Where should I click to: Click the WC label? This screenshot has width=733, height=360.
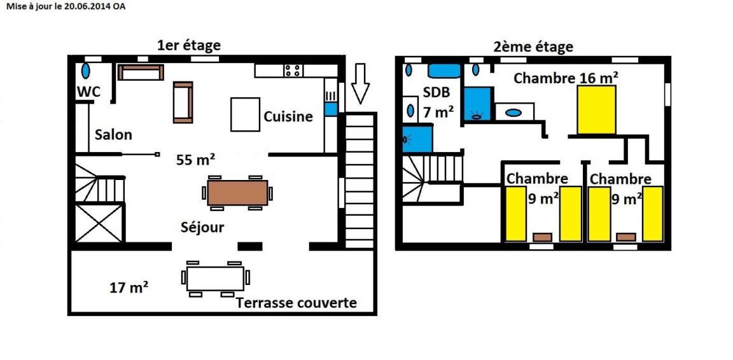(89, 92)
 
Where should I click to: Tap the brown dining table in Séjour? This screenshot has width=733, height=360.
(238, 193)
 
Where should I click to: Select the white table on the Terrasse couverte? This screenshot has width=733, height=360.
(215, 279)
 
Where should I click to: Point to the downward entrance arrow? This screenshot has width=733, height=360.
(360, 83)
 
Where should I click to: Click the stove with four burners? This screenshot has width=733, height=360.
(293, 71)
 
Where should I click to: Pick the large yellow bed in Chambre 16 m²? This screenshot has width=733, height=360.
(596, 110)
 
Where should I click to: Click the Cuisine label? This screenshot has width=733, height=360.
(288, 116)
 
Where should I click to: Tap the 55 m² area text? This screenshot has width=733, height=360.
(196, 160)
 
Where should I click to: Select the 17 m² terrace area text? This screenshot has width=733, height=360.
(130, 287)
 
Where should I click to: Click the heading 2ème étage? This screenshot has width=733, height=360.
(533, 47)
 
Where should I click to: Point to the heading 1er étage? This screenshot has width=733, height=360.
(189, 46)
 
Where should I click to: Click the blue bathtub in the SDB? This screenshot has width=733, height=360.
(445, 71)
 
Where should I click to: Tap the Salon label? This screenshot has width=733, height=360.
(113, 135)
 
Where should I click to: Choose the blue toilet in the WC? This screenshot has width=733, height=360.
(86, 71)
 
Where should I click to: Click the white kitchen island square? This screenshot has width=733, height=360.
(246, 114)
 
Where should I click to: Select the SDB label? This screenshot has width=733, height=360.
(436, 92)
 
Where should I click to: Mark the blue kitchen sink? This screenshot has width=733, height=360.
(331, 109)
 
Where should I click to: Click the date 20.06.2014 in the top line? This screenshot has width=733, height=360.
(89, 6)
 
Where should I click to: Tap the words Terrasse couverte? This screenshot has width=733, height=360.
(297, 303)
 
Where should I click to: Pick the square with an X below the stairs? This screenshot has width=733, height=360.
(99, 223)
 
